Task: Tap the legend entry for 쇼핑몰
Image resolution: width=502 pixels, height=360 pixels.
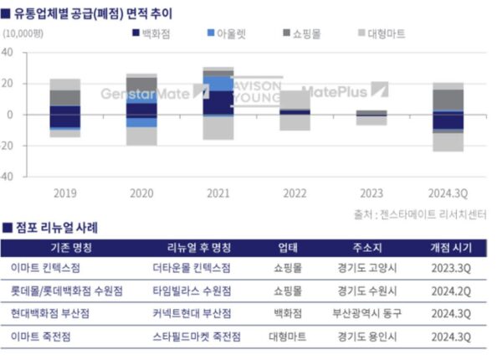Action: click(305, 33)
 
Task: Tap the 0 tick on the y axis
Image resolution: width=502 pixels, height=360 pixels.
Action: click(11, 115)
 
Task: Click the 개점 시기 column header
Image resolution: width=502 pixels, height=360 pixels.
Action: click(451, 248)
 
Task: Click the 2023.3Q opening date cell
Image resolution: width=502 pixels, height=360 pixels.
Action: click(451, 270)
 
